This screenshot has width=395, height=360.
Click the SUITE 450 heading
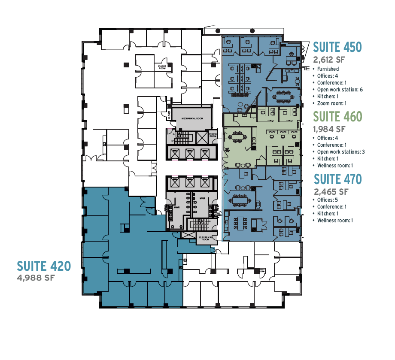coord(337,47)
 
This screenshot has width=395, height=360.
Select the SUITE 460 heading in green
coord(337,116)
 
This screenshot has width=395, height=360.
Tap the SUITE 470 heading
coord(337,178)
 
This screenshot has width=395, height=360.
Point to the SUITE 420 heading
coord(44,266)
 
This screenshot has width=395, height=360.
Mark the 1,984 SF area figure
coord(329,128)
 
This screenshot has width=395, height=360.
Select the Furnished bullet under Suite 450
coord(328,69)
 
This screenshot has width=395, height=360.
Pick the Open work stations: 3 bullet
coord(341,152)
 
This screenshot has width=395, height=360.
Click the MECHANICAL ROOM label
coord(191,118)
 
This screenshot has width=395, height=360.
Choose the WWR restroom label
coord(176,207)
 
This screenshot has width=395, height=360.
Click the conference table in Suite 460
coord(237,138)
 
